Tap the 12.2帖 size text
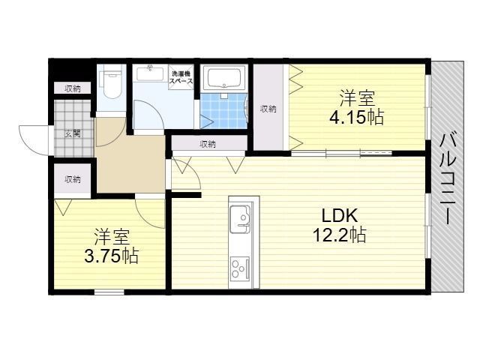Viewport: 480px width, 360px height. point(339,235)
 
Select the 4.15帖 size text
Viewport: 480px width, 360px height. point(357,118)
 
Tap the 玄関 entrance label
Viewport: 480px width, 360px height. point(72,134)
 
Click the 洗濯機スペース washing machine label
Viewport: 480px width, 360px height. point(182,76)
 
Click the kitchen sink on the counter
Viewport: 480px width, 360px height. point(243,217)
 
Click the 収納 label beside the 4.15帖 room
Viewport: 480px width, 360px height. point(268,109)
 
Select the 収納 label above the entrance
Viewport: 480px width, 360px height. point(72,88)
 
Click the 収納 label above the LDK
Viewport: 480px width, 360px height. point(208,144)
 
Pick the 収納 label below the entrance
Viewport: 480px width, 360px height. point(72,179)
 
